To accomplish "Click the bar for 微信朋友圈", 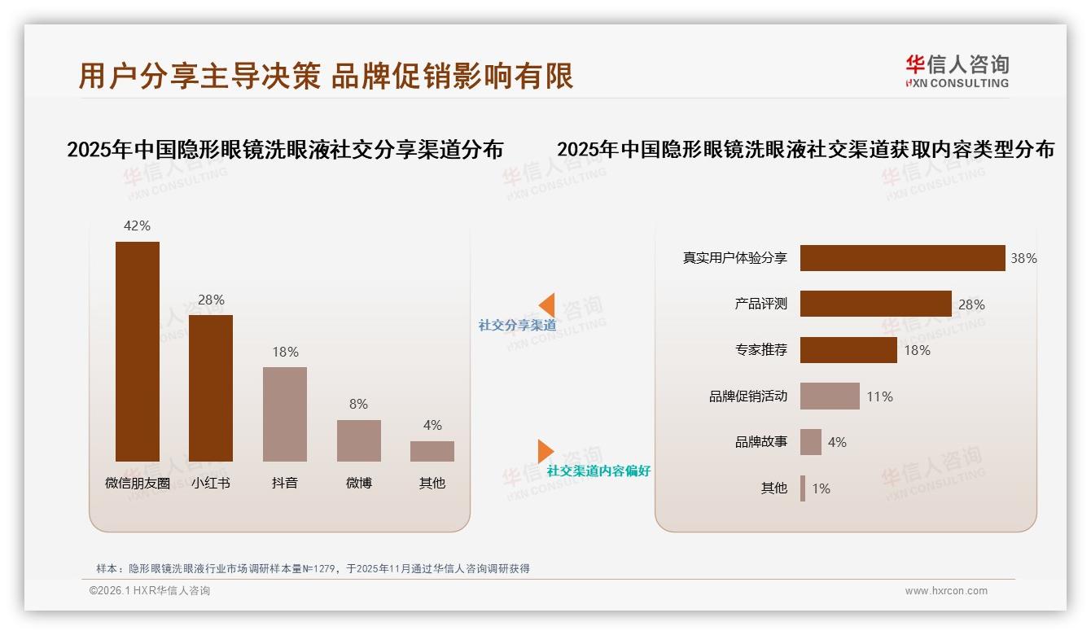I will click(138, 351).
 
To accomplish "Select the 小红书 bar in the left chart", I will click(211, 388).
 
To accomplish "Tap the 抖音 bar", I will click(285, 414).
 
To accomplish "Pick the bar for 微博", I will click(358, 440).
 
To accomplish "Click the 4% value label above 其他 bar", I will click(432, 425).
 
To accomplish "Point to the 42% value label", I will click(137, 226).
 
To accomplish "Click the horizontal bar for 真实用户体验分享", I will click(902, 258).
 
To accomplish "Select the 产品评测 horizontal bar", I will click(875, 304).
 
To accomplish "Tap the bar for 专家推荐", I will click(848, 350).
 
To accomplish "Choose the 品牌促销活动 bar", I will click(830, 396).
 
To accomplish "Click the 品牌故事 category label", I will click(761, 442).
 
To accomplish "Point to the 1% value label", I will click(821, 488).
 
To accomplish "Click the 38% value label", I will click(1023, 258).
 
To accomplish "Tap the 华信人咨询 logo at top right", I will click(957, 71).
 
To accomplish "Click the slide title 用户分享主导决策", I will click(199, 75).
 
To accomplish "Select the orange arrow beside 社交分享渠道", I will click(546, 305).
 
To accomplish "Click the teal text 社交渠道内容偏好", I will click(598, 471).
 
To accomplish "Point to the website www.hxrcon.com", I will click(946, 591).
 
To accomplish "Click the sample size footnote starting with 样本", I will click(313, 568).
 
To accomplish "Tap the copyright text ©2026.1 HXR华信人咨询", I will click(150, 591).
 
